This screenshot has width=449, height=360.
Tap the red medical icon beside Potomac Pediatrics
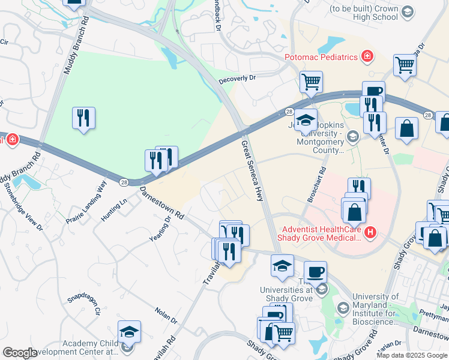click(x=367, y=58)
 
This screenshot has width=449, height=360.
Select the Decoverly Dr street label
click(x=237, y=78)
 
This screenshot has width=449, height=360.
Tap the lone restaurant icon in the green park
click(x=83, y=118)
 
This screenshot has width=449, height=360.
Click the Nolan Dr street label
click(x=166, y=316)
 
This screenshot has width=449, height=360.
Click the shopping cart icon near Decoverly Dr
click(x=311, y=82)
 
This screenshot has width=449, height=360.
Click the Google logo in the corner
click(x=19, y=353)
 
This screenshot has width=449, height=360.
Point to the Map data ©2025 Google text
click(x=412, y=355)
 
